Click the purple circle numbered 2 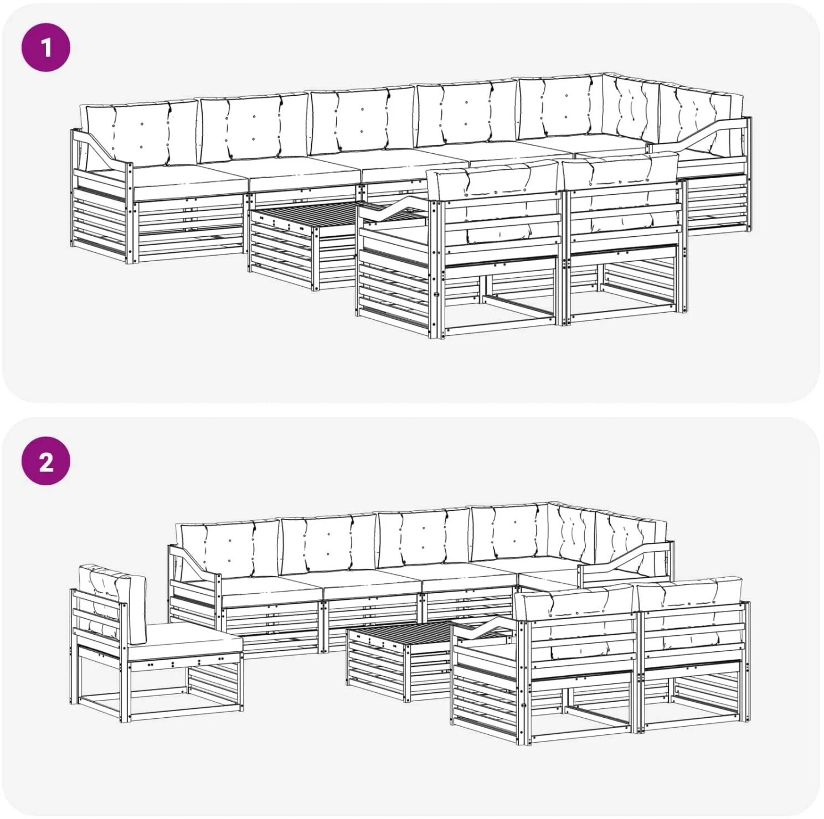tap(46, 462)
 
